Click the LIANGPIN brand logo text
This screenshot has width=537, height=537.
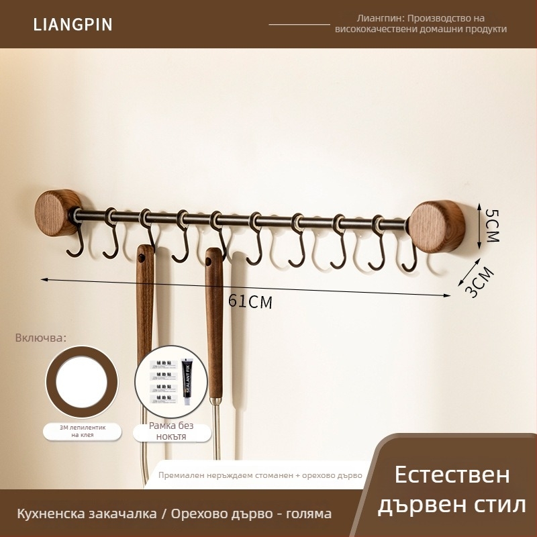pyautogui.click(x=73, y=25)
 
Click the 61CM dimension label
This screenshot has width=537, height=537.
pyautogui.click(x=250, y=301)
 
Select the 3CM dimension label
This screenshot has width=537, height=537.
pyautogui.click(x=479, y=282)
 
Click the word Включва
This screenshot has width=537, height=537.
pyautogui.click(x=41, y=337)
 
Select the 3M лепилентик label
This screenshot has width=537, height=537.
pyautogui.click(x=83, y=431)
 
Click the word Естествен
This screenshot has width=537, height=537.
pyautogui.click(x=452, y=475)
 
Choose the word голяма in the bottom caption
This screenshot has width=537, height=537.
pyautogui.click(x=309, y=514)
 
